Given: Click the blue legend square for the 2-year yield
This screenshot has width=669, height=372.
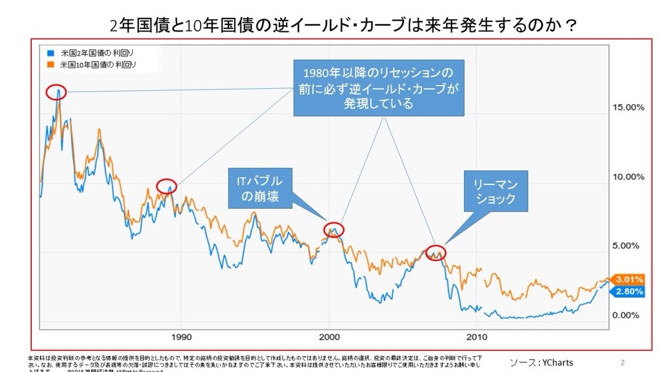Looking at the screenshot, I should tap(50, 51).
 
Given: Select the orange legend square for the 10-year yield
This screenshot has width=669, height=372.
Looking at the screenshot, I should tap(50, 64).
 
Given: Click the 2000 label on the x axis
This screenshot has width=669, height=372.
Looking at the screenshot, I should tap(329, 336).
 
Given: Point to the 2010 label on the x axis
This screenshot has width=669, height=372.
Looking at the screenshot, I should tap(477, 336).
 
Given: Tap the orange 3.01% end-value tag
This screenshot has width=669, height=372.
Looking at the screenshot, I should tap(628, 279).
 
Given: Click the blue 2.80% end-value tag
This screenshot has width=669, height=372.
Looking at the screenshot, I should tap(628, 292).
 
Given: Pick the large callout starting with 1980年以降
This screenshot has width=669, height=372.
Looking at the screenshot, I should tap(378, 87).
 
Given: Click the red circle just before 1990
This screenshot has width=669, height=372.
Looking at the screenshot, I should tap(167, 186).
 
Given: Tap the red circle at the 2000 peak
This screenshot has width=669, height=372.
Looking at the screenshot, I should tap(334, 229).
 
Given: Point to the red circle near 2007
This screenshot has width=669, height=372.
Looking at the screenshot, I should tap(435, 252).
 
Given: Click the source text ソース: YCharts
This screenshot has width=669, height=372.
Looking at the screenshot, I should tap(541, 362).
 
